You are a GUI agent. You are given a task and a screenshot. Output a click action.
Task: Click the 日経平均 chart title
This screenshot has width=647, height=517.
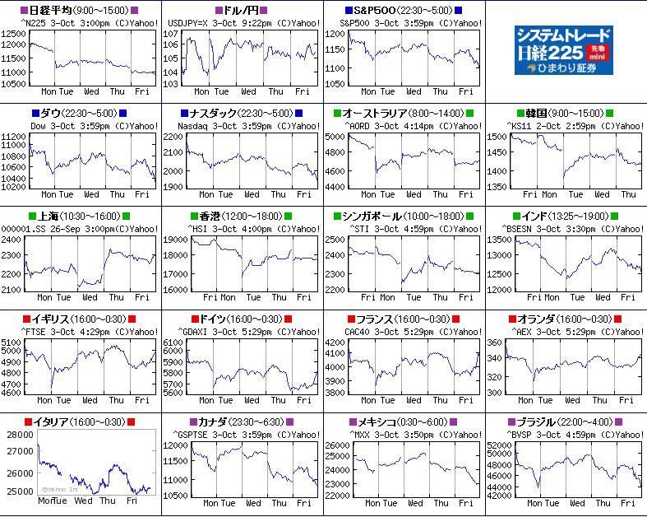click(x=79, y=10)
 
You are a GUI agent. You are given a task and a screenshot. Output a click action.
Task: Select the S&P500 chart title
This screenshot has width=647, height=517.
click(x=404, y=10)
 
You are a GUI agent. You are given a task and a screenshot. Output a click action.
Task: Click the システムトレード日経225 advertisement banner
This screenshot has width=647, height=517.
click(x=565, y=50)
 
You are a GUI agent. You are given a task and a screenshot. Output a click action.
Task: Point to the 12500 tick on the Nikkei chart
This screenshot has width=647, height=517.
click(x=14, y=34)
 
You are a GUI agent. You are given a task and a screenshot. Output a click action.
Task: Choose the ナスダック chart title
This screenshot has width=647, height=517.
click(x=242, y=113)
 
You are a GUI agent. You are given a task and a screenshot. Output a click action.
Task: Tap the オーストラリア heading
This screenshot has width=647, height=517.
click(x=404, y=113)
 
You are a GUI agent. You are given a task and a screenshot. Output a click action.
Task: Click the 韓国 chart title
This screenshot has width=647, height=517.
click(x=565, y=113)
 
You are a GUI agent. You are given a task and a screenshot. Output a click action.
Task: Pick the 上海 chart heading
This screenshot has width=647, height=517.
click(x=79, y=216)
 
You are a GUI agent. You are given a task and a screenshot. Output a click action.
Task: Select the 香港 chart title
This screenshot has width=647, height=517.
click(x=242, y=216)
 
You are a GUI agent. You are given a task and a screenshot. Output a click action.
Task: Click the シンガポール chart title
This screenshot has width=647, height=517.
click(x=404, y=216)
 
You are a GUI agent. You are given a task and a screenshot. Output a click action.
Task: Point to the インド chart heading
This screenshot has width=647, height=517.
click(x=565, y=216)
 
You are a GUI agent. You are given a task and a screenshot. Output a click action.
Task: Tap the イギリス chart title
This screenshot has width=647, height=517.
click(x=79, y=319)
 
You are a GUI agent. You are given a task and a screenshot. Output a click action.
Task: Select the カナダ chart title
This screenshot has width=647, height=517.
click(x=242, y=422)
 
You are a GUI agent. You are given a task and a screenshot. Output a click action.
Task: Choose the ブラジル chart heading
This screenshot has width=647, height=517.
click(x=565, y=422)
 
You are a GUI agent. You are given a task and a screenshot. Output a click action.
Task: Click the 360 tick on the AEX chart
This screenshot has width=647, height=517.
click(x=495, y=342)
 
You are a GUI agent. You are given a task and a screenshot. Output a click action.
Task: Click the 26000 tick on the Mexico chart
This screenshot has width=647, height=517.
click(x=337, y=445)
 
